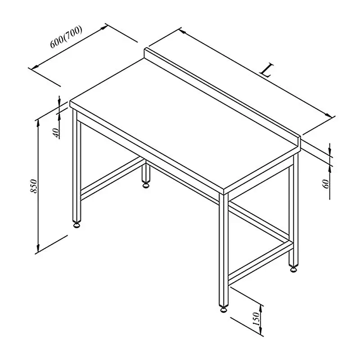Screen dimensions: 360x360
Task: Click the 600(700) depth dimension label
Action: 66,37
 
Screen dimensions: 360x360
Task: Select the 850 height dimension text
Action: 33,186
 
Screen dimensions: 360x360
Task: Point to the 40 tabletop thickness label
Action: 56,133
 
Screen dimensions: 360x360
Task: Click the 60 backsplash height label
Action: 326,184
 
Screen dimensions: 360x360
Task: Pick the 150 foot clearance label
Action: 256,319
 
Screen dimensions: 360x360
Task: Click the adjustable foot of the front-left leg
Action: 76,224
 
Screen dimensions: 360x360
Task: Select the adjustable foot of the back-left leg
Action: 145,184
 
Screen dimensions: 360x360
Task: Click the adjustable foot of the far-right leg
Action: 294,269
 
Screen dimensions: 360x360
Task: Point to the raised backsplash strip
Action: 222,98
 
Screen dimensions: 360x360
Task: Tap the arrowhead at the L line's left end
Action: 183,31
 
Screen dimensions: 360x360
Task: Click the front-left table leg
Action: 76,165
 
